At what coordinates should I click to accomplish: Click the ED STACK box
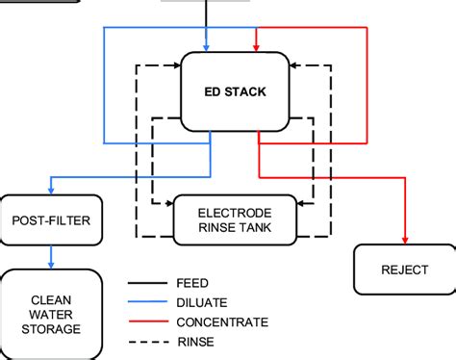click(x=236, y=92)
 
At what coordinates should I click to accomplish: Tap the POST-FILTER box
click(x=51, y=220)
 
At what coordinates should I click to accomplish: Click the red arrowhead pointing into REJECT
click(x=404, y=240)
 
